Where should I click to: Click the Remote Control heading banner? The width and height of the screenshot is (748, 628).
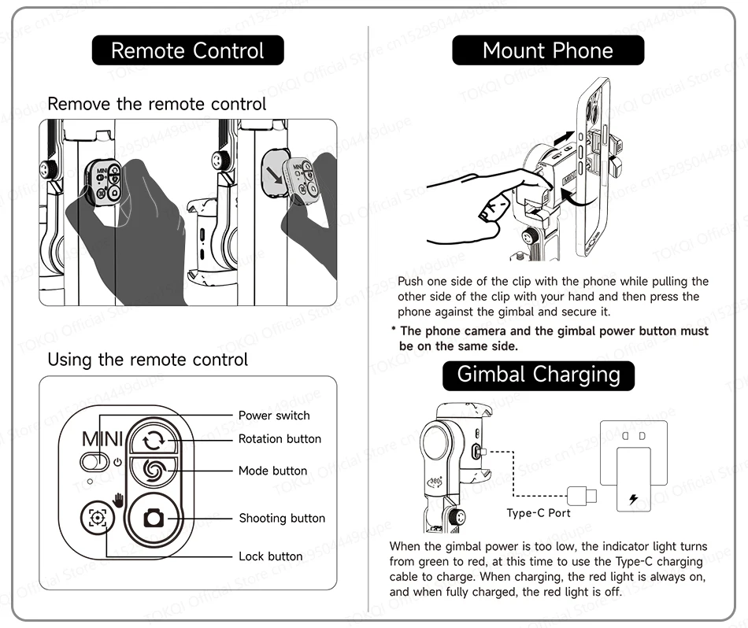(x=187, y=51)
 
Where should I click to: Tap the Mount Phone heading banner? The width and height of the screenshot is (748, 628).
(x=547, y=51)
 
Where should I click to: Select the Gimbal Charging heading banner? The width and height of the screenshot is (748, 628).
(x=539, y=374)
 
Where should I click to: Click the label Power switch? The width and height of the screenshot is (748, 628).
(x=274, y=416)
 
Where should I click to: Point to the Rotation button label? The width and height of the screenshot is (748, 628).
(x=280, y=439)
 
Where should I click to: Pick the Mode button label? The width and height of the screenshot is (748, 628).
(x=272, y=471)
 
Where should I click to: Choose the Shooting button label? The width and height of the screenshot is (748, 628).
(x=282, y=518)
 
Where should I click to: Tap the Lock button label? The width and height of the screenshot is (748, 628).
(x=270, y=556)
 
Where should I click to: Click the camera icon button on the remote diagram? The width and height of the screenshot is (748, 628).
(x=151, y=518)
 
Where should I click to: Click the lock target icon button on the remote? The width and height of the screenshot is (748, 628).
(x=98, y=518)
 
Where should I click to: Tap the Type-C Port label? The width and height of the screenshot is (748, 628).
(x=539, y=513)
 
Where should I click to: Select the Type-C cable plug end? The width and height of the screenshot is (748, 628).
(x=581, y=497)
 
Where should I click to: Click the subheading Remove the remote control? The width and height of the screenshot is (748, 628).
(x=157, y=104)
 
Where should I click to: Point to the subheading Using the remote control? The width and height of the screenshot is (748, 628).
(x=147, y=360)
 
